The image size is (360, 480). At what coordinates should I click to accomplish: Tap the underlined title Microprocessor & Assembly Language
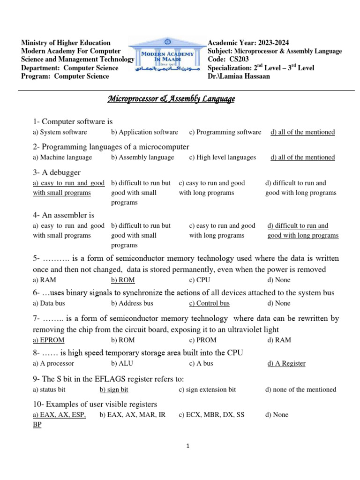coord(172,99)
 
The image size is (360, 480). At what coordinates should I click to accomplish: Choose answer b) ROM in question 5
coord(123,280)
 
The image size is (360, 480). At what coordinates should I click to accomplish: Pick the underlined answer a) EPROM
coord(49,340)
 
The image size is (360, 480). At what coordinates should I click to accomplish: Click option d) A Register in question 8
coord(286,363)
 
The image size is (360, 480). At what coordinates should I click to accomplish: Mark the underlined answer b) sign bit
coord(114,390)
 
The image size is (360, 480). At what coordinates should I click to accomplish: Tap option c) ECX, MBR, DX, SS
coord(211,415)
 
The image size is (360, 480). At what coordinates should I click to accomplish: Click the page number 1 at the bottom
coord(188,447)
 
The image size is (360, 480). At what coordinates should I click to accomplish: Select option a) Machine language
coord(62,157)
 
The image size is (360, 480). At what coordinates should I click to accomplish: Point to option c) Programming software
coord(225,132)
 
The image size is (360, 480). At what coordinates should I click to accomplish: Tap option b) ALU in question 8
coord(121,363)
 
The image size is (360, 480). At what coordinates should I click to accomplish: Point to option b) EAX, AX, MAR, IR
coord(133,415)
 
